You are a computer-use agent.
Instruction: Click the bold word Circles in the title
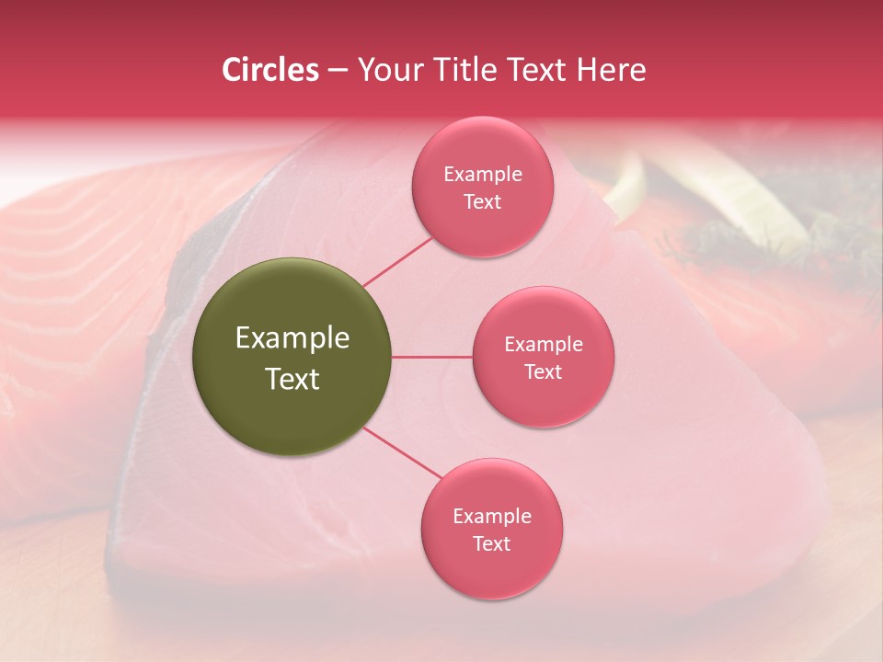[x=269, y=70]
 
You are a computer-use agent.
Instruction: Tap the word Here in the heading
[x=611, y=70]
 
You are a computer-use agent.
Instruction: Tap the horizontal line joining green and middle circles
[x=432, y=357]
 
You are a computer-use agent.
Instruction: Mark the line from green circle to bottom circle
[x=402, y=451]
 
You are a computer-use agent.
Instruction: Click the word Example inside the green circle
[x=292, y=338]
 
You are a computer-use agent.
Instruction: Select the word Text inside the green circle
[x=292, y=379]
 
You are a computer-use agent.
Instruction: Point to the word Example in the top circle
[x=483, y=174]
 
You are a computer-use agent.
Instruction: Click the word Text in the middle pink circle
[x=544, y=371]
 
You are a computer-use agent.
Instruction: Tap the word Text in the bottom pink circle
[x=492, y=543]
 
